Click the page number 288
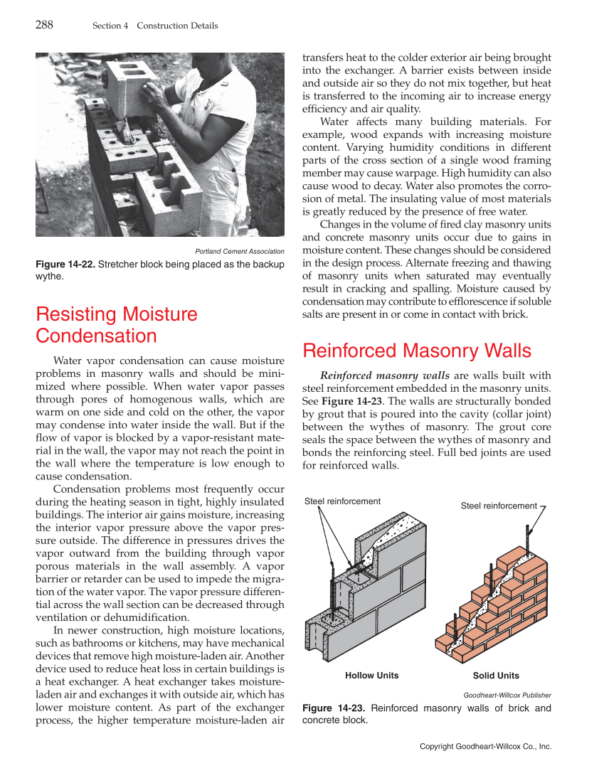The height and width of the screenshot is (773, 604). [44, 26]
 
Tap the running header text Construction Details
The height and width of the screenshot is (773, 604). [177, 26]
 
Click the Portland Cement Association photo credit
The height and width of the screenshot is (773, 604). [240, 251]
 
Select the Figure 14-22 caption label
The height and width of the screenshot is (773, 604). [64, 265]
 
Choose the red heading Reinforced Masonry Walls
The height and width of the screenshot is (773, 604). [417, 351]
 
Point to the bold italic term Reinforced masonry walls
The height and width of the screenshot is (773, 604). [385, 375]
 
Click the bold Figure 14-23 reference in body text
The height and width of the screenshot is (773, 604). [344, 401]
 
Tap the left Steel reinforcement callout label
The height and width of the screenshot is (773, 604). [342, 501]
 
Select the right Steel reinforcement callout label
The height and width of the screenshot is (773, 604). [499, 506]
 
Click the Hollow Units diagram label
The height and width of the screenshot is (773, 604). [371, 676]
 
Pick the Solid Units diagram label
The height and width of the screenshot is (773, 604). [496, 676]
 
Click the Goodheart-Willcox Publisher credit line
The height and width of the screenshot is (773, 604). [507, 695]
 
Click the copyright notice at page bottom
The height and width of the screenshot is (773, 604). [485, 747]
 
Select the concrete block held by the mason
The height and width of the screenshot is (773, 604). [128, 85]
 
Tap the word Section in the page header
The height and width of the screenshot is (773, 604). [107, 26]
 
